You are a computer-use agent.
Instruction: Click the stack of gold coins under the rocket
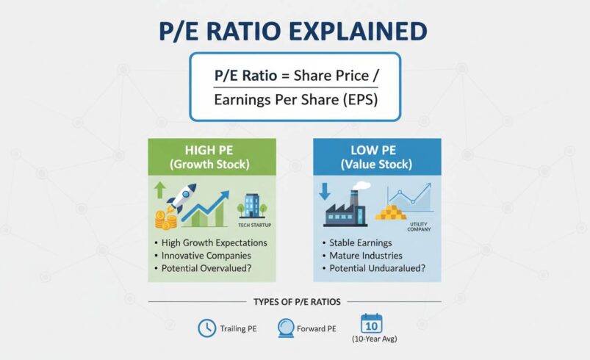pyautogui.click(x=165, y=218)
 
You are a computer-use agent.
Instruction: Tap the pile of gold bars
pyautogui.click(x=391, y=213)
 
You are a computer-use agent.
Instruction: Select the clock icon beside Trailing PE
pyautogui.click(x=206, y=328)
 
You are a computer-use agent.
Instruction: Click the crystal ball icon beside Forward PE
pyautogui.click(x=287, y=328)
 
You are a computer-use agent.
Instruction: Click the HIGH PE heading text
pyautogui.click(x=212, y=151)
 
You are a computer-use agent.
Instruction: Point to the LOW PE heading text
pyautogui.click(x=378, y=151)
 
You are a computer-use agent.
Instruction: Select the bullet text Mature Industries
pyautogui.click(x=368, y=255)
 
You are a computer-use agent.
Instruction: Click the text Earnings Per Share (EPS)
pyautogui.click(x=295, y=100)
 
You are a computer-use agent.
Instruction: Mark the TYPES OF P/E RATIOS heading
pyautogui.click(x=295, y=301)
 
